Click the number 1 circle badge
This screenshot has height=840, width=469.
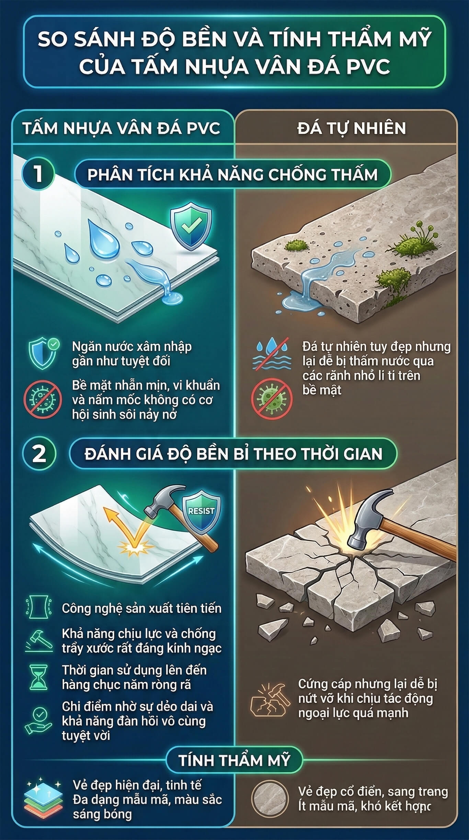pos(38,174)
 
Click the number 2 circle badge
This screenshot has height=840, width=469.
pos(39,453)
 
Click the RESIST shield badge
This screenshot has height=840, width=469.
pos(201,512)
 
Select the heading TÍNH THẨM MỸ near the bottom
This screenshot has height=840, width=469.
pos(235,761)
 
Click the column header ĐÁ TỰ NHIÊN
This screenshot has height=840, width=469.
pos(352,128)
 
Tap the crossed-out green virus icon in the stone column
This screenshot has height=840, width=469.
pos(272,399)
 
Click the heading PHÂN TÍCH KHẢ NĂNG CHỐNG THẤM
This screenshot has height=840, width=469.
pos(232,175)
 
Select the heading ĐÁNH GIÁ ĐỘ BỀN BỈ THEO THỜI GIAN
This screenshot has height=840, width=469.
pos(233,454)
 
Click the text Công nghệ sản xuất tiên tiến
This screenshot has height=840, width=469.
pos(141,609)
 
